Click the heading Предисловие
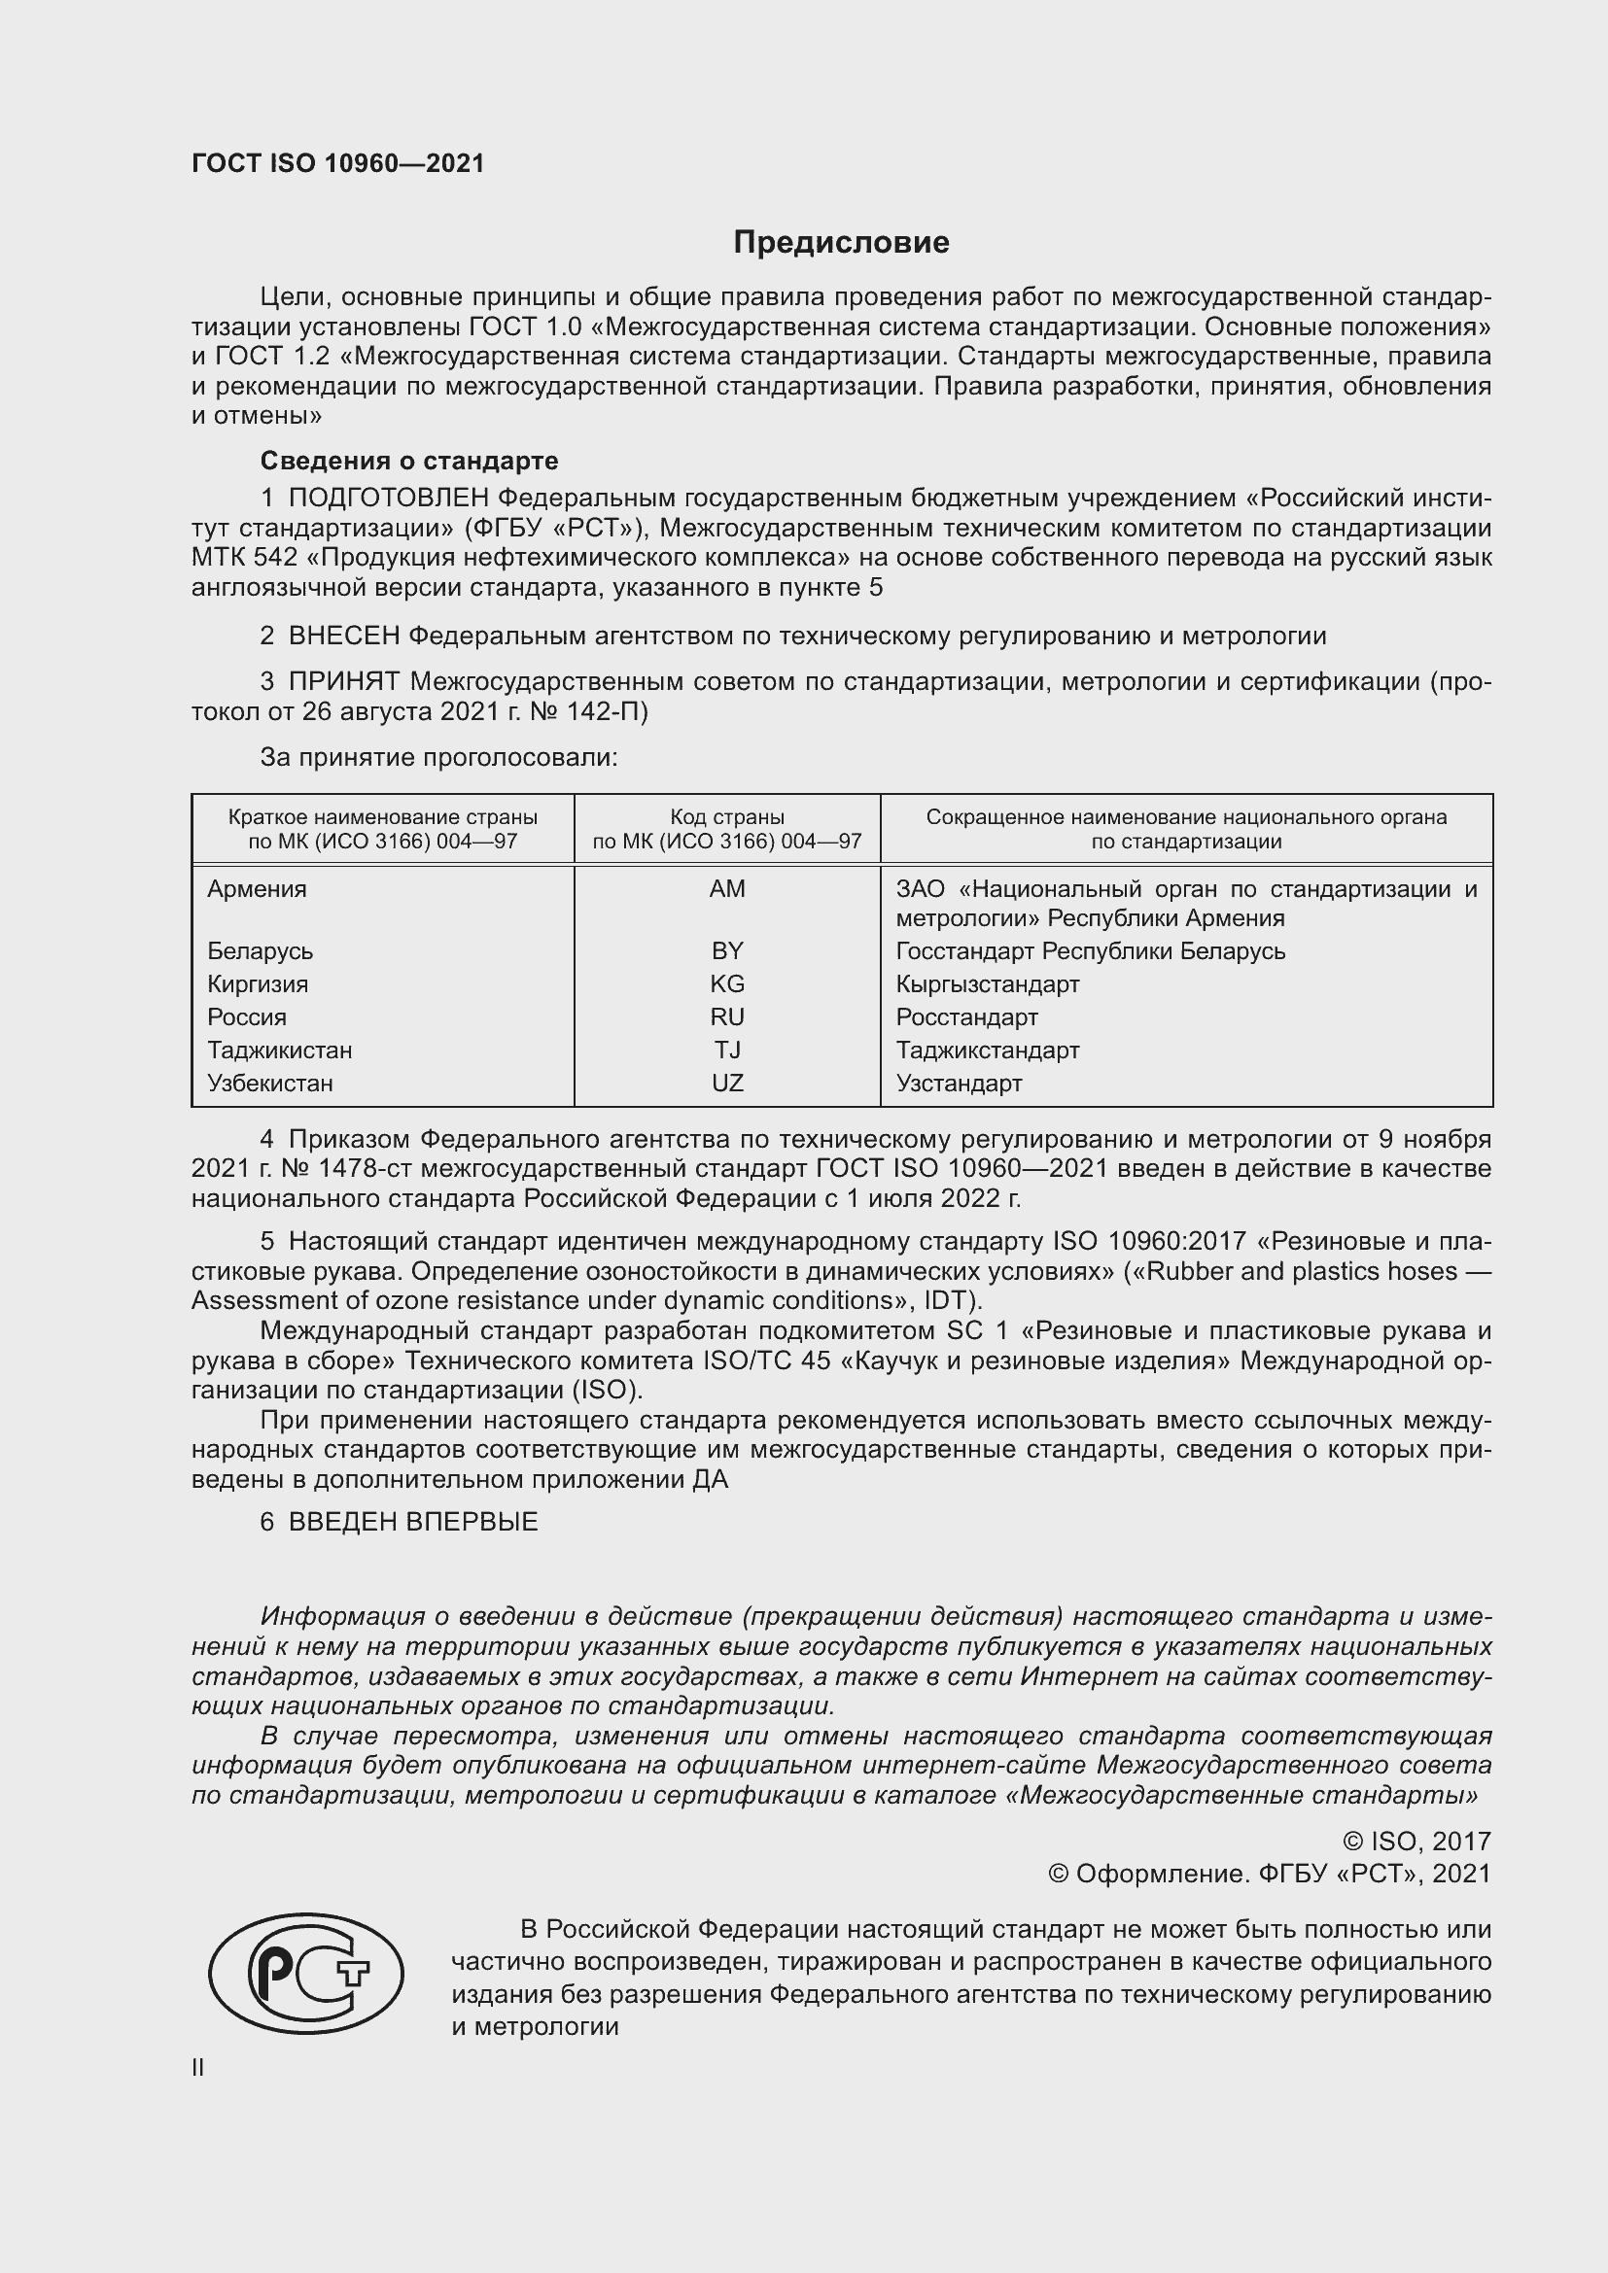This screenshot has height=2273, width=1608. click(841, 243)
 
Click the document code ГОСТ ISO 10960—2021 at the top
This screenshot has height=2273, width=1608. click(337, 163)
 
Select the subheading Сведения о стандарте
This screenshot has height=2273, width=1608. click(409, 461)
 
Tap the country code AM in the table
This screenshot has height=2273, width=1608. click(727, 889)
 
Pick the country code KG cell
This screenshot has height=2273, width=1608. click(727, 984)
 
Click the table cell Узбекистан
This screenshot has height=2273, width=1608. click(270, 1083)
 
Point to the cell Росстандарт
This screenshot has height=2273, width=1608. click(966, 1016)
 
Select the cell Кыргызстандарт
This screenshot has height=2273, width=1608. click(987, 984)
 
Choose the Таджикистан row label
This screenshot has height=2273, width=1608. click(279, 1050)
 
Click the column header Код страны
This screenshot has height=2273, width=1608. click(727, 817)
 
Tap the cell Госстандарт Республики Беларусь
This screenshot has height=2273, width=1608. click(1090, 951)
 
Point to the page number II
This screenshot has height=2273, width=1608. click(198, 2067)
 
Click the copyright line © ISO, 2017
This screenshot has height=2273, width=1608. click(1416, 1842)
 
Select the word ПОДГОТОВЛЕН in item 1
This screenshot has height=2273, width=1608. click(389, 498)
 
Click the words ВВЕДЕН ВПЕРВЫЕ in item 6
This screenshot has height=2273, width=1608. click(413, 1522)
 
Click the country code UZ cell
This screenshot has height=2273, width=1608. click(727, 1083)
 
